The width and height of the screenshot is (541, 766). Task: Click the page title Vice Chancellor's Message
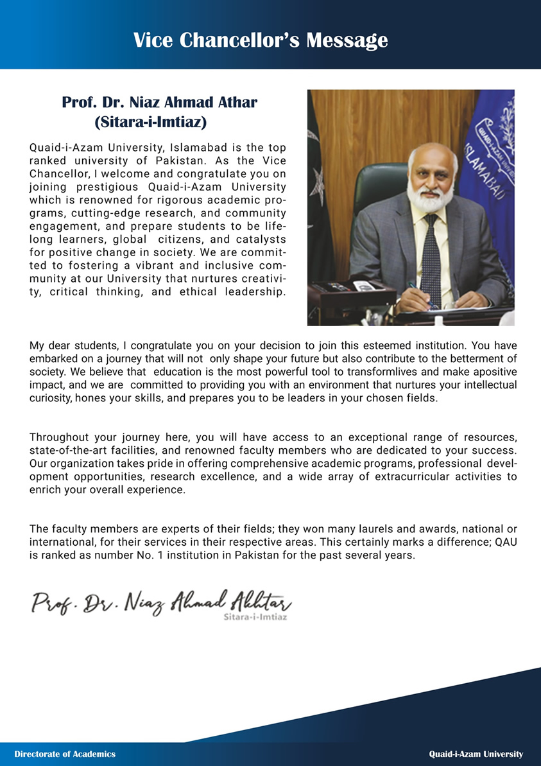[x=261, y=40]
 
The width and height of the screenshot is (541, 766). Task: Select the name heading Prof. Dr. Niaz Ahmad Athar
[x=159, y=102]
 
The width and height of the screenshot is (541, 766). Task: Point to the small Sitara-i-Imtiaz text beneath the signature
[x=254, y=617]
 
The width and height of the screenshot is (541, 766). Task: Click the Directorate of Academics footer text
[x=65, y=754]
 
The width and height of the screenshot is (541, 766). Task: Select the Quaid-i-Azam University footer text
[x=476, y=754]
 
